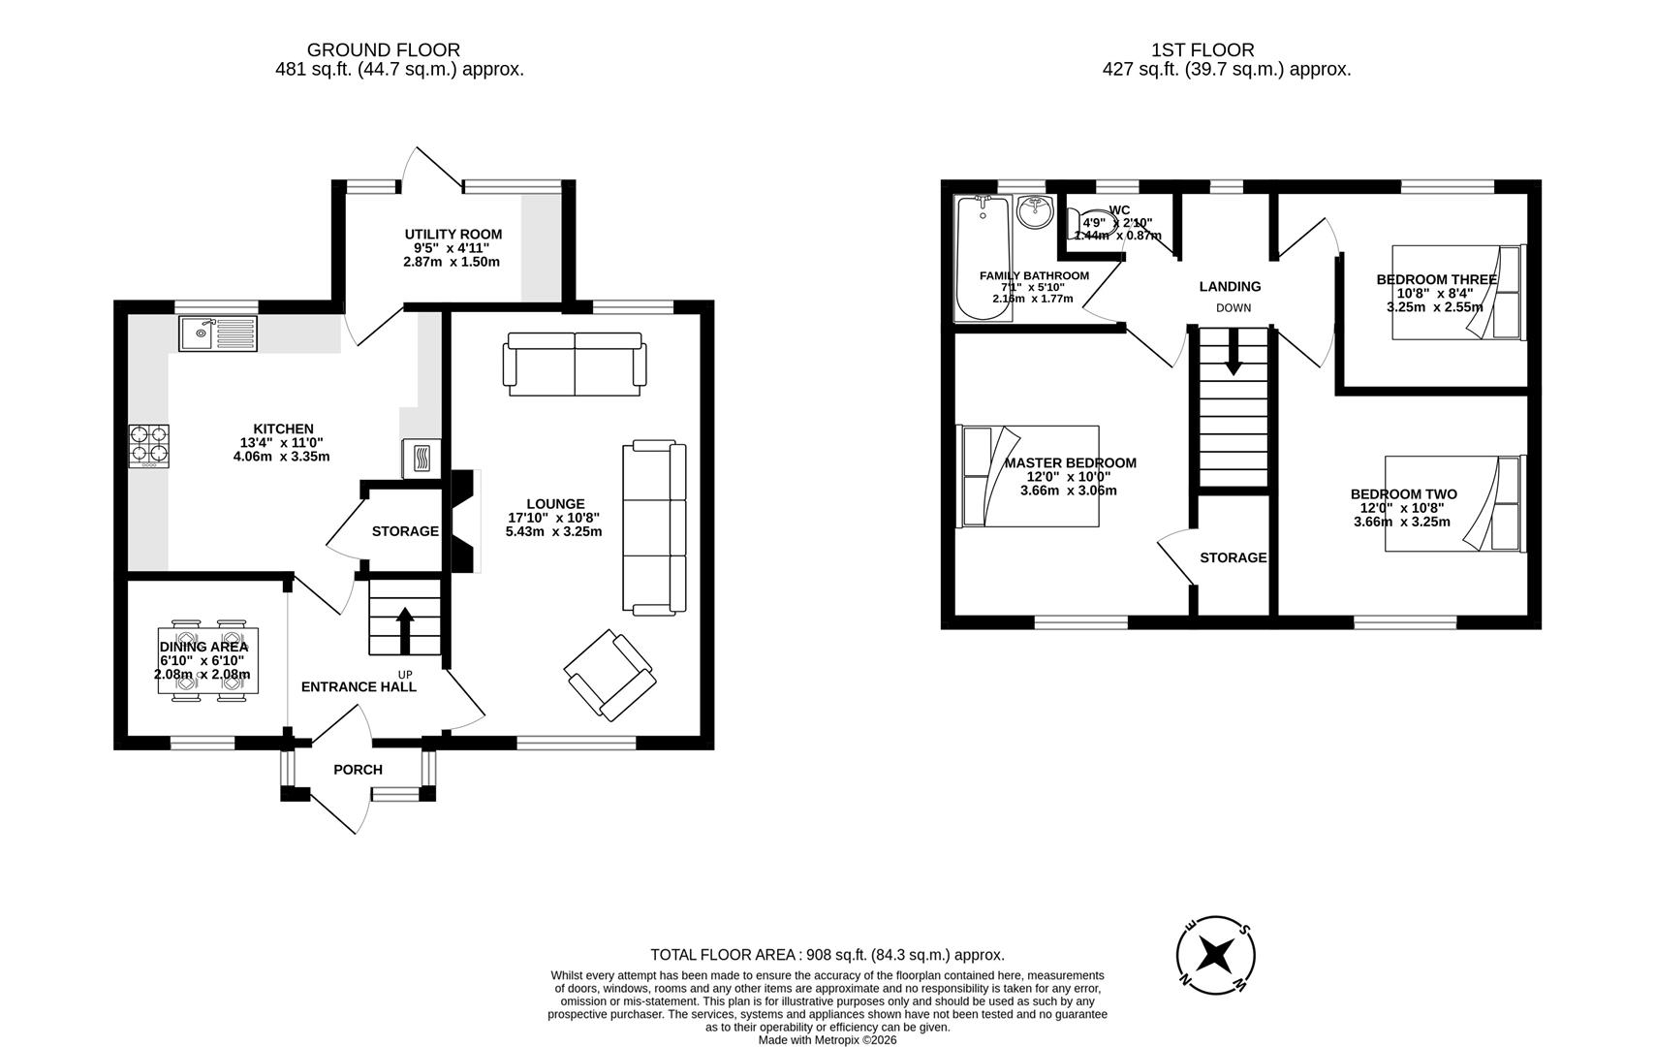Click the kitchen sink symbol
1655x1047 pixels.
click(217, 334)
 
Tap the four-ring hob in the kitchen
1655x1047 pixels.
click(148, 446)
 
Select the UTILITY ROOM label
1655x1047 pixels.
click(453, 235)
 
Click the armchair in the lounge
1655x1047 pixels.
click(609, 675)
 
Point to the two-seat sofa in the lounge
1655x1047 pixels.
click(574, 365)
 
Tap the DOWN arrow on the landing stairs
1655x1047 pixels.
click(1233, 352)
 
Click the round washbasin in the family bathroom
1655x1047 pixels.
click(1035, 211)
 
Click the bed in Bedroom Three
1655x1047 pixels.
click(1458, 292)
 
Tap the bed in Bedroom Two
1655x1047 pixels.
click(1453, 504)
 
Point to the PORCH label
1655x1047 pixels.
click(358, 770)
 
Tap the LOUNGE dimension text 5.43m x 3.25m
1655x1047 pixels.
click(553, 531)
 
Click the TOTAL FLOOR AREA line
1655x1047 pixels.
click(827, 955)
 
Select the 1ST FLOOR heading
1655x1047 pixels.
click(1202, 50)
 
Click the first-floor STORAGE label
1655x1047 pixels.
click(1233, 557)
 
